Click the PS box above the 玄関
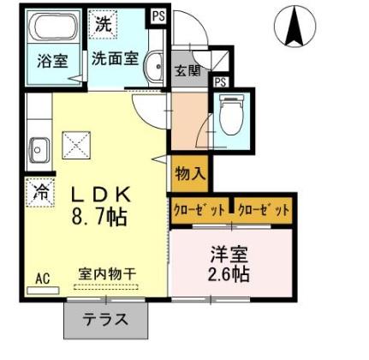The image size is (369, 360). (x=158, y=15)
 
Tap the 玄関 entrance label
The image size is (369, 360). (x=187, y=70)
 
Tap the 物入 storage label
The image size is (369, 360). (x=190, y=172)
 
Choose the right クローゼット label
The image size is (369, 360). (x=263, y=209)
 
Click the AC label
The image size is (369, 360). (x=42, y=278)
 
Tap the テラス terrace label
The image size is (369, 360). (x=106, y=321)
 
